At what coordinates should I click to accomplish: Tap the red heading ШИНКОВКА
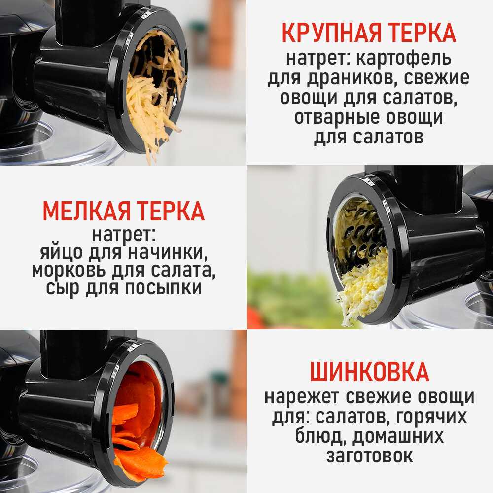(x=369, y=371)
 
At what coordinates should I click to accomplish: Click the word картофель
(x=404, y=59)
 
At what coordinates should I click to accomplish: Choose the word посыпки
(x=163, y=288)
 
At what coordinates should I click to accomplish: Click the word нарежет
(x=302, y=397)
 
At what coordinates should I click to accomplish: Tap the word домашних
(x=398, y=436)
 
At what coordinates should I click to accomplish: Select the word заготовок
(x=369, y=456)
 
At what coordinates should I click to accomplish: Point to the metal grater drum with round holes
(x=361, y=233)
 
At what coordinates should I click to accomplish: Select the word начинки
(x=168, y=252)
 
